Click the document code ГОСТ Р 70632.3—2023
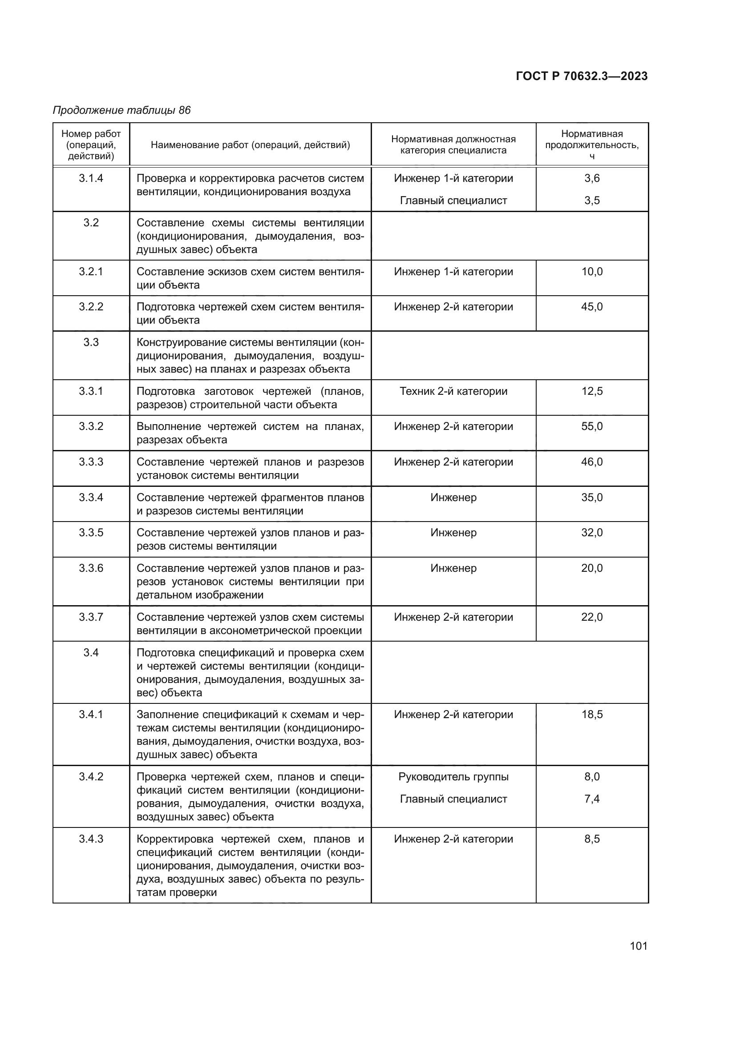(x=582, y=76)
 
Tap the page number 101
(x=638, y=946)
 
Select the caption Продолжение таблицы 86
(x=122, y=110)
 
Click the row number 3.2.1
(x=91, y=272)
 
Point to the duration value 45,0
(x=592, y=307)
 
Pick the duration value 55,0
(x=592, y=426)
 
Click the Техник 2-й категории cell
(x=453, y=391)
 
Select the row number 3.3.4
(x=91, y=498)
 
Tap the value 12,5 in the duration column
(x=592, y=391)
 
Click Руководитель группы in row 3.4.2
(x=453, y=777)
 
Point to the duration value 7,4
(x=592, y=799)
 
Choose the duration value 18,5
(x=592, y=715)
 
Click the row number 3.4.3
(x=91, y=839)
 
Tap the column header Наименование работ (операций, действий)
(x=250, y=145)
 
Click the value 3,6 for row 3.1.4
(x=592, y=178)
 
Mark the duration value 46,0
(x=592, y=462)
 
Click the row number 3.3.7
(x=91, y=617)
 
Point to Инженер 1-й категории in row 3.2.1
(x=453, y=272)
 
